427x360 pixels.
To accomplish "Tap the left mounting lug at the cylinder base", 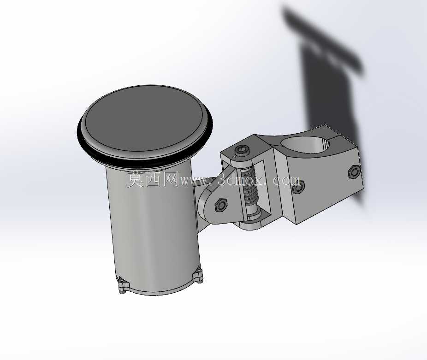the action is point(123,285).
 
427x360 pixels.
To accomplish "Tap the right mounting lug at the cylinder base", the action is point(198,275).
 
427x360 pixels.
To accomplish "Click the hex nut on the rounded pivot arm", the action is point(221,205).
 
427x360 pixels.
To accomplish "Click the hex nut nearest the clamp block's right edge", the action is point(354,172).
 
